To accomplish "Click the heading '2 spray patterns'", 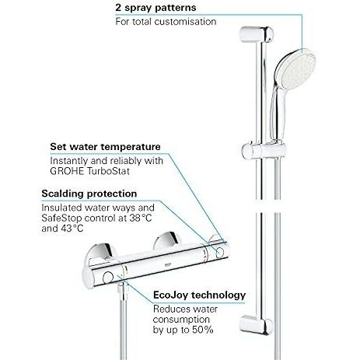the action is pyautogui.click(x=156, y=8).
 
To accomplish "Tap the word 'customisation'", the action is pyautogui.click(x=185, y=22).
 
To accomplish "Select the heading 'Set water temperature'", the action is pyautogui.click(x=105, y=147).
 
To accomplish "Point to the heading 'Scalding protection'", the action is pyautogui.click(x=89, y=194).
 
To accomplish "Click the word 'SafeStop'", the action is pyautogui.click(x=61, y=218).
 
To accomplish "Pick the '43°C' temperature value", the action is pyautogui.click(x=72, y=229).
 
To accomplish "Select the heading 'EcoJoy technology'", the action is pyautogui.click(x=199, y=295).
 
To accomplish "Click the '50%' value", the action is pyautogui.click(x=203, y=330).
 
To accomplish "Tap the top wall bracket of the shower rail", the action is pyautogui.click(x=257, y=34).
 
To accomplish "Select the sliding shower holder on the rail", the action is pyautogui.click(x=264, y=151).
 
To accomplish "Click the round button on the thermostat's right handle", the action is pyautogui.click(x=220, y=253).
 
